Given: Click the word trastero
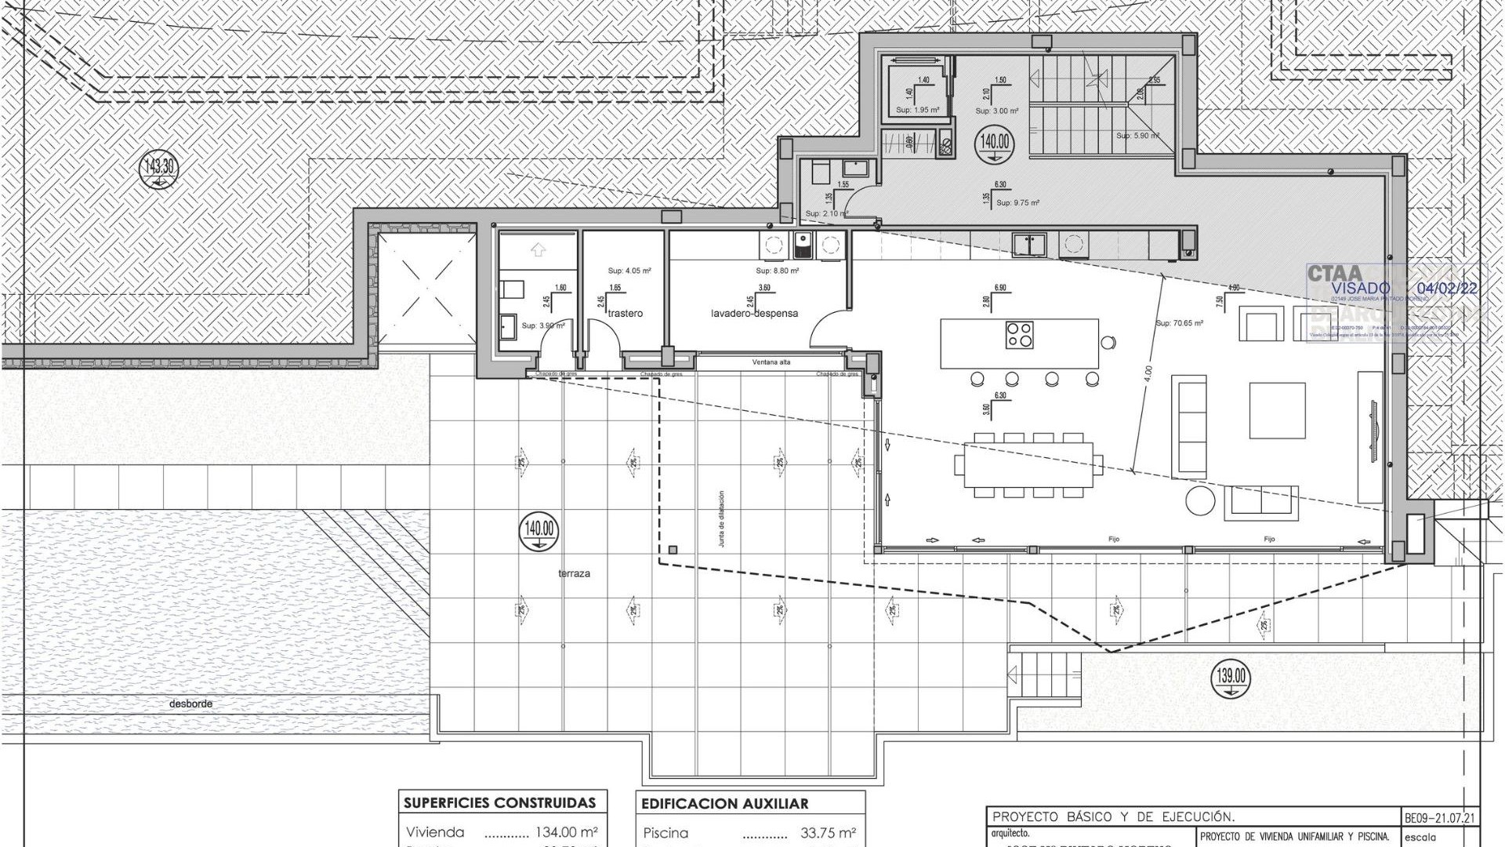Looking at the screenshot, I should point(625,314).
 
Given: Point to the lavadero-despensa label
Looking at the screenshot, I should point(754,314).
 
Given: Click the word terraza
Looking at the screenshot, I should point(574,574).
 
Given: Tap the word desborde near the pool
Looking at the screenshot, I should point(190,704).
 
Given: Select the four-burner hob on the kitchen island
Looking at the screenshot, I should point(1018,335).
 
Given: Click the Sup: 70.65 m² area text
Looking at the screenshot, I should point(1179,323).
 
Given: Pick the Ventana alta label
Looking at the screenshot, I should point(771,363).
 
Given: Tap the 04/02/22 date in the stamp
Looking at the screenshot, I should point(1451,289).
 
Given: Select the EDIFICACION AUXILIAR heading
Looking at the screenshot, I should point(724,804).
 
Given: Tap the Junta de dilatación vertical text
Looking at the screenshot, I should point(721,518).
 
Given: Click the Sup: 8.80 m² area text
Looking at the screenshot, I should point(777,271).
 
